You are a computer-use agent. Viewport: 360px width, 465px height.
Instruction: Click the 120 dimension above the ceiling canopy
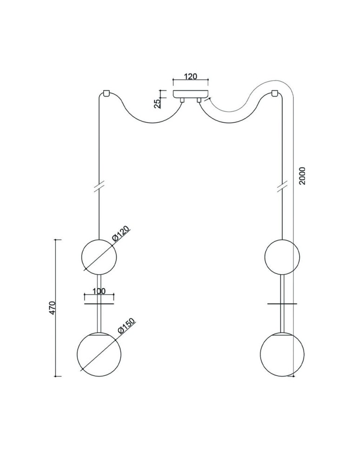[x=191, y=77]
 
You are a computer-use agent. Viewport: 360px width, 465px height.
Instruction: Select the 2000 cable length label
[x=302, y=175]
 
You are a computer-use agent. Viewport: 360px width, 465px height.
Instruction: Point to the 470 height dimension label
[x=53, y=308]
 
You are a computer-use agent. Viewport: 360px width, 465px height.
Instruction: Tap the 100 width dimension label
[x=99, y=291]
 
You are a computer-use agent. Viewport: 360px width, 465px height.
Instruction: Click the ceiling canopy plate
[x=191, y=93]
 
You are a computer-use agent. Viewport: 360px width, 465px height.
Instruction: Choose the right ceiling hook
[x=275, y=93]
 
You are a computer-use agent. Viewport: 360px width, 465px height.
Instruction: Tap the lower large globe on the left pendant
[x=99, y=352]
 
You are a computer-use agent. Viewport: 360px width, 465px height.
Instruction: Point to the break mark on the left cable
[x=99, y=186]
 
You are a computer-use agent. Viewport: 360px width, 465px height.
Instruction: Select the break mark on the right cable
[x=281, y=186]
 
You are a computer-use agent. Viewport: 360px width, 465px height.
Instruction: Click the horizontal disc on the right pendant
[x=281, y=304]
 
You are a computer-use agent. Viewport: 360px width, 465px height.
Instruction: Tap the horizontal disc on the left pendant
[x=99, y=304]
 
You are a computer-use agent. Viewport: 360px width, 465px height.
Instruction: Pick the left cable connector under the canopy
[x=182, y=100]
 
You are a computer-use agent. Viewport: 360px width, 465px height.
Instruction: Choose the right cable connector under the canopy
[x=199, y=100]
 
